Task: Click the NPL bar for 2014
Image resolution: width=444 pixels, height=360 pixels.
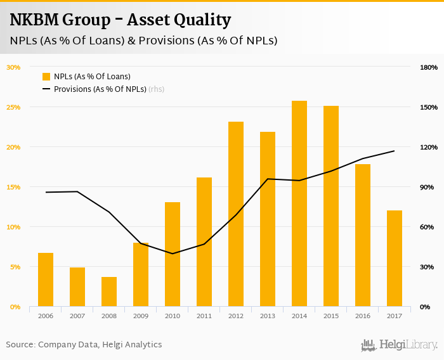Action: coord(299,203)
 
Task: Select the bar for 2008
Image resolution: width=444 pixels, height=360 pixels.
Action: coord(109,292)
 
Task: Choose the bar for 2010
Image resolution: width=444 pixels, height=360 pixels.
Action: coord(173,254)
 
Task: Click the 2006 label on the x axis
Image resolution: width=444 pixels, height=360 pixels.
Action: coord(46,315)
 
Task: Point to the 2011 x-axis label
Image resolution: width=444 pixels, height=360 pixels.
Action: coord(204,315)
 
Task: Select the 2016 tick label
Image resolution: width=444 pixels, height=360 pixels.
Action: coord(363,315)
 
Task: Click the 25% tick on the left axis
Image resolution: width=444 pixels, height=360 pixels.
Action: coord(13,107)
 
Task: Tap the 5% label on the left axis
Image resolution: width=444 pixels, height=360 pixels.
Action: coord(15,267)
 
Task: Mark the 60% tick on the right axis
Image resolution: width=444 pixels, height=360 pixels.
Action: coord(428,227)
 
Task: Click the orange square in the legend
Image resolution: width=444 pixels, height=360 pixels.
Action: coord(46,77)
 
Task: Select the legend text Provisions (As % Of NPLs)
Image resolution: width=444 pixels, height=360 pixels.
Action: coord(100,89)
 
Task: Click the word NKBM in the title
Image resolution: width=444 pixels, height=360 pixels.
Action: coord(35,20)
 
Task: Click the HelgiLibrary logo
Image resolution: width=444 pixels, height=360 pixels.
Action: coord(399,345)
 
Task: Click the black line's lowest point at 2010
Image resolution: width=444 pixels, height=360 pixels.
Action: coord(173,254)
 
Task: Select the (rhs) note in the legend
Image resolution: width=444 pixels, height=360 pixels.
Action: coord(157,89)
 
